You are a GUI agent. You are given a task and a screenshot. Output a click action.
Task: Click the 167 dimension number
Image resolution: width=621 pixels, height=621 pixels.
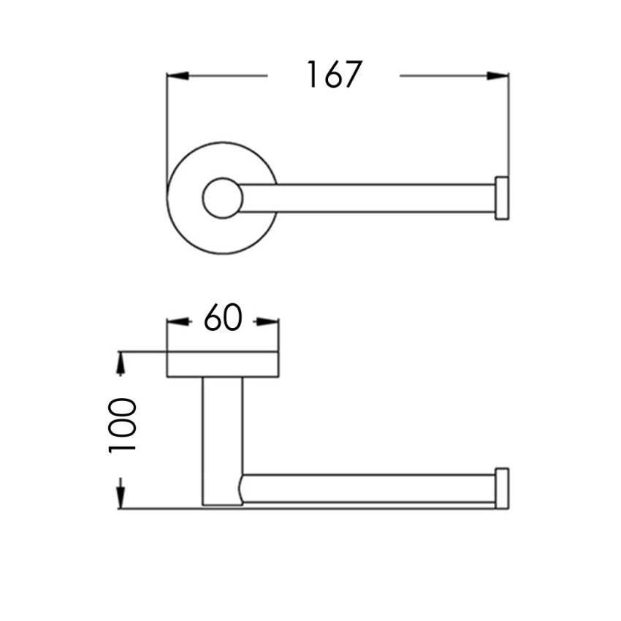tap(334, 75)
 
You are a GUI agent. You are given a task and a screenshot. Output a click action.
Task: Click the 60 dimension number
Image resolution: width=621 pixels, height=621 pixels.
tap(223, 317)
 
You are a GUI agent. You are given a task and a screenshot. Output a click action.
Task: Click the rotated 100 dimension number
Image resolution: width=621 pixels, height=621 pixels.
tap(122, 425)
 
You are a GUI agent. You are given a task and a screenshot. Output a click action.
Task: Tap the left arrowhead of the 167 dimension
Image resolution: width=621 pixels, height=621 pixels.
tap(178, 75)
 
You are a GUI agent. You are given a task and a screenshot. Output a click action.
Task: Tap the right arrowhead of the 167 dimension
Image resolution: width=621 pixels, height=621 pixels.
tap(498, 75)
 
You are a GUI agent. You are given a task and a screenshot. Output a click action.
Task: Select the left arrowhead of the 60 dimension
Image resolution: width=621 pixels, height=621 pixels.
tap(177, 322)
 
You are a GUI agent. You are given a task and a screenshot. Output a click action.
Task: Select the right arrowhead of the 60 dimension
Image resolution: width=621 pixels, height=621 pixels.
tap(268, 322)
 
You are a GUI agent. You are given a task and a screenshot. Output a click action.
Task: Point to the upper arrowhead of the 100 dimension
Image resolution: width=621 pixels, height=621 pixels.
tap(121, 364)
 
